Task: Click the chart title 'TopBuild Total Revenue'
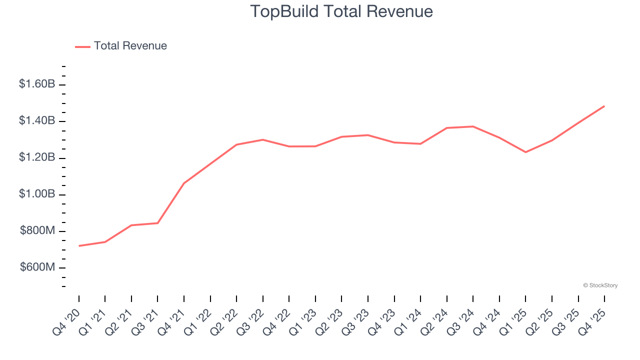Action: (x=341, y=11)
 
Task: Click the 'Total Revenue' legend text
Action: (x=130, y=46)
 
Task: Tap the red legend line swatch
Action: (x=82, y=46)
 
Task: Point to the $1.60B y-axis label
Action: (x=37, y=84)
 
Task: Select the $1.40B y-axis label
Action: (x=37, y=121)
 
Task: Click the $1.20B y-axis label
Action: (x=37, y=157)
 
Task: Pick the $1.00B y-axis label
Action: (x=37, y=194)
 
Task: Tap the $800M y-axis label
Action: (x=38, y=231)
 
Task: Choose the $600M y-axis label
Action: (x=38, y=267)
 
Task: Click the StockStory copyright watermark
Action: (x=600, y=285)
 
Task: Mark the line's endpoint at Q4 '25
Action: (x=604, y=106)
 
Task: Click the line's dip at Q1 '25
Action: (x=525, y=152)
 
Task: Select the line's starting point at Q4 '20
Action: (x=79, y=246)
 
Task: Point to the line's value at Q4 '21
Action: (x=184, y=183)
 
